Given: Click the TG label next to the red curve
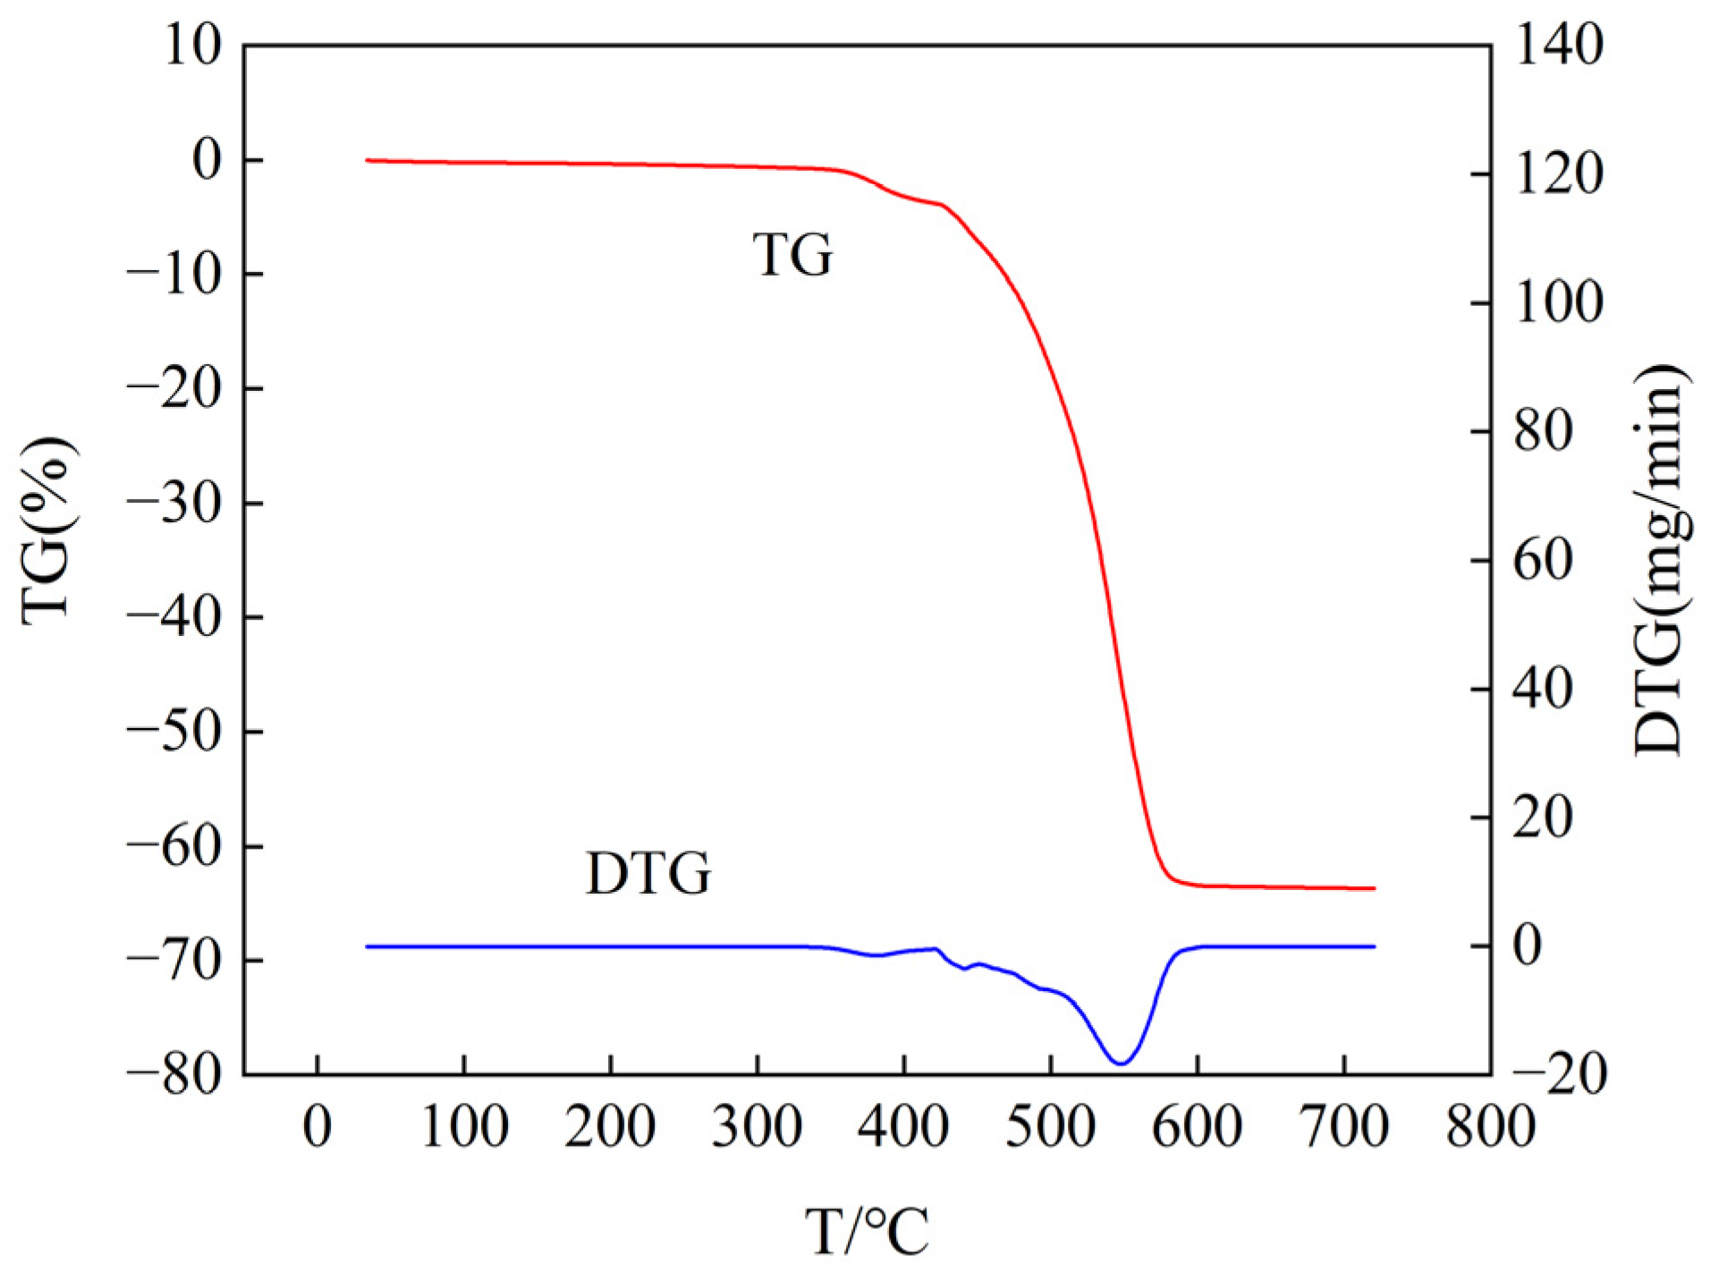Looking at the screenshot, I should pos(792,254).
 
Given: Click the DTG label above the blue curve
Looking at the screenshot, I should pos(648,873).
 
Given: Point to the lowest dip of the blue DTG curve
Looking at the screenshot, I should pos(1121,1063).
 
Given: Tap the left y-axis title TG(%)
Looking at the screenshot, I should pos(47,530).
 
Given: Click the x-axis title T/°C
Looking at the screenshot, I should pos(867,1232).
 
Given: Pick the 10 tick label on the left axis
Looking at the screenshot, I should pos(191,45).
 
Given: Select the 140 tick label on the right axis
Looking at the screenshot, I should pos(1558,45).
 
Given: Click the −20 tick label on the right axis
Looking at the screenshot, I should pos(1558,1074).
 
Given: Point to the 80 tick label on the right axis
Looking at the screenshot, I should pos(1543,431).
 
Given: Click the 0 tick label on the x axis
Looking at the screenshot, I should pos(317,1126).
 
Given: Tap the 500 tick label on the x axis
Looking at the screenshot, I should pos(1051,1126).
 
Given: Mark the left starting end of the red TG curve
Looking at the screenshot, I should pos(368,160).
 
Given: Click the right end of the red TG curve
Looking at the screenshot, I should pos(1374,888).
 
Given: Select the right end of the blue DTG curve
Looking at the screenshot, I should pos(1374,946).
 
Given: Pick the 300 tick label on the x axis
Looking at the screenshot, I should pos(758,1126).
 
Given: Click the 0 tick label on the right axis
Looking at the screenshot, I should pos(1528,946).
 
